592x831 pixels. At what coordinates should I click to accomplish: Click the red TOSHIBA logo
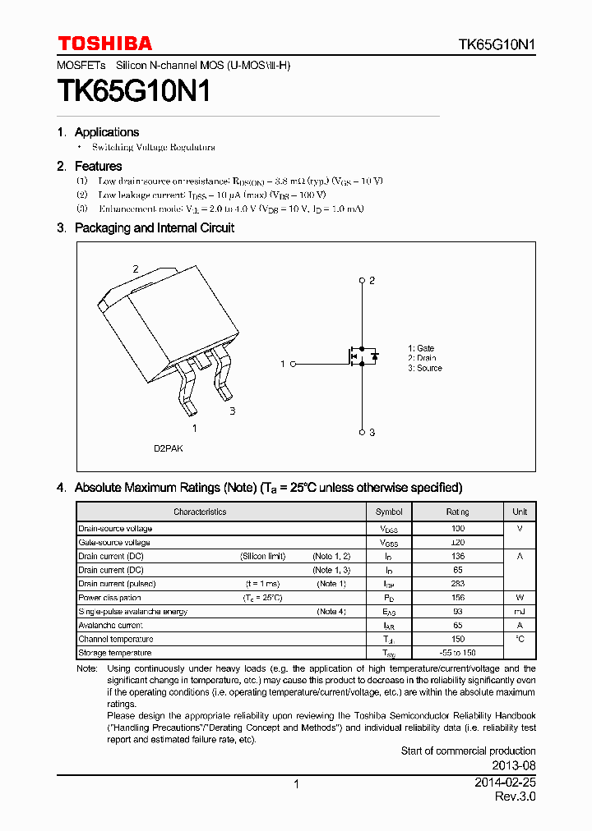coord(104,44)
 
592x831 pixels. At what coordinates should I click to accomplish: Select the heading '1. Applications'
coord(99,132)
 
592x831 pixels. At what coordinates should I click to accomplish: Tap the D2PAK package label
coord(168,449)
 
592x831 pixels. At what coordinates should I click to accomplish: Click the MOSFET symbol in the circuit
coord(360,356)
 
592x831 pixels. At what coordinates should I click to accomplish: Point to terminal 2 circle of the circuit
coord(362,281)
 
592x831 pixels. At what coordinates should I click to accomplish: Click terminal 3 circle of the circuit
coord(362,432)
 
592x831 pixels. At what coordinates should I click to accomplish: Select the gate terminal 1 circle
coord(294,363)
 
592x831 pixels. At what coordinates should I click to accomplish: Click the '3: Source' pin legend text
coord(424,368)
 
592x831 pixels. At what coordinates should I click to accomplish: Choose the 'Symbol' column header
coord(389,512)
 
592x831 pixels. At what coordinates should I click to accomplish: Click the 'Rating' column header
coord(458,512)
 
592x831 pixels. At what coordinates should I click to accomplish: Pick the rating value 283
coord(458,584)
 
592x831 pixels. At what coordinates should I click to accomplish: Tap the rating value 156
coord(458,598)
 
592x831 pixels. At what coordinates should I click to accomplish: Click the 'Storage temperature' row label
coord(115,653)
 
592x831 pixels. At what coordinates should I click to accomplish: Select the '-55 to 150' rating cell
coord(458,653)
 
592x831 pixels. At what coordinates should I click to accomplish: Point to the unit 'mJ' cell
coord(520,612)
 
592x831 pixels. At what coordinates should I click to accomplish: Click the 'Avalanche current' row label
coord(110,625)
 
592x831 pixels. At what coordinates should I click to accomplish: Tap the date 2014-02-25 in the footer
coord(505,783)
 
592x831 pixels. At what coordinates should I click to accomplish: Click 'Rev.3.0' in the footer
coord(515,797)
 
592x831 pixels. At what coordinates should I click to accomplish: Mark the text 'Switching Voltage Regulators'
coord(154,148)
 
